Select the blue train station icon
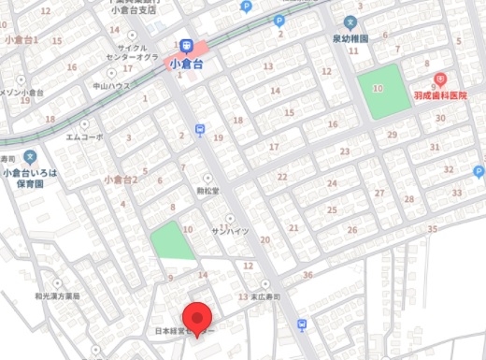(186, 46)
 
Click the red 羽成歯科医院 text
(439, 95)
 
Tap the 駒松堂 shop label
(207, 190)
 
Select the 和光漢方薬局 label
(57, 295)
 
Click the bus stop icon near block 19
(199, 130)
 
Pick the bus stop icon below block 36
(302, 324)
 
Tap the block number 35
(431, 228)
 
